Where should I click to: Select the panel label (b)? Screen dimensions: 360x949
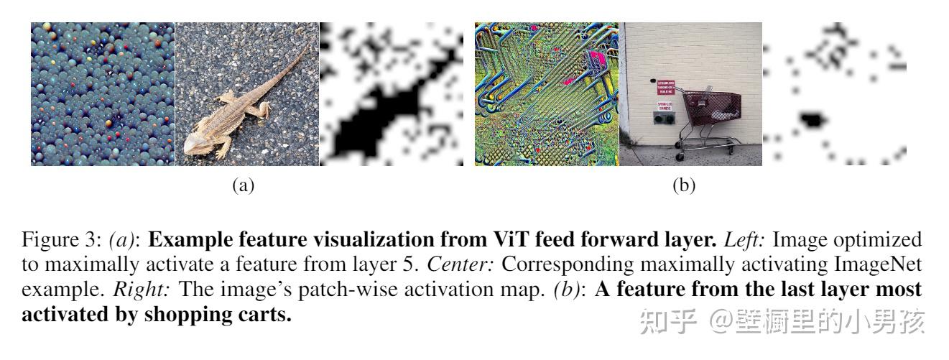coord(683,186)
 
